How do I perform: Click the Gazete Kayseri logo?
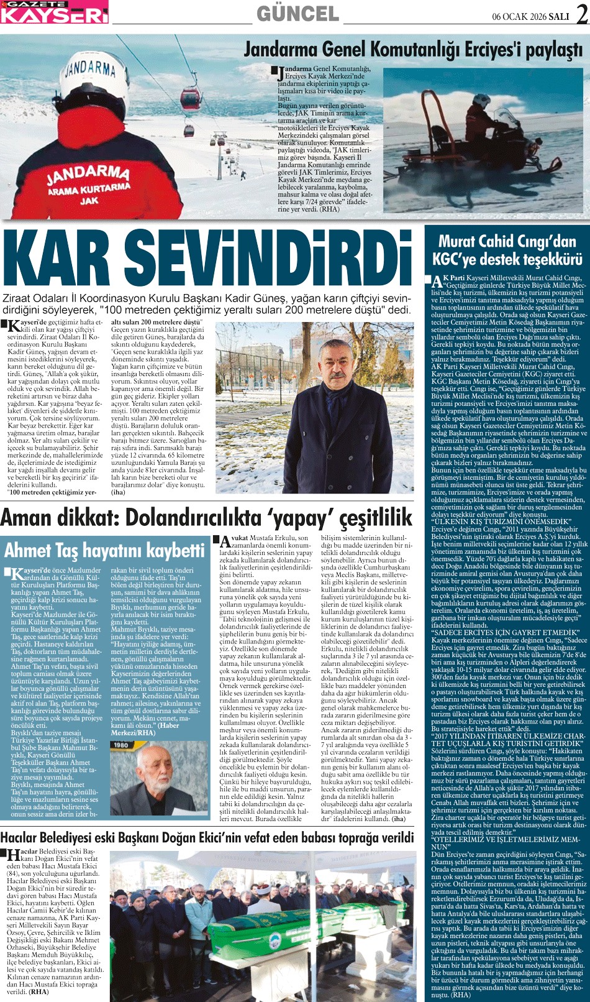coord(54,12)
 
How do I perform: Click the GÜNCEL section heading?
coord(297,14)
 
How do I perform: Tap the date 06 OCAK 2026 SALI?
coord(532,16)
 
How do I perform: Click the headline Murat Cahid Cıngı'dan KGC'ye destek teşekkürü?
coord(507,250)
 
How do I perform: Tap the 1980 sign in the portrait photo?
coord(120,745)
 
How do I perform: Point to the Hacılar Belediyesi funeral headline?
coord(207,837)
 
